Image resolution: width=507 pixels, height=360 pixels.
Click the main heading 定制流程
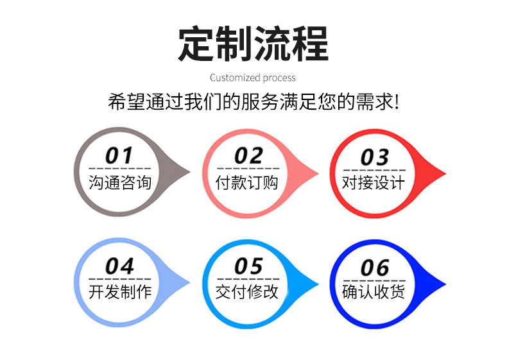point(253,43)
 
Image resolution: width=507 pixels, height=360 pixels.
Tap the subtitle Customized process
point(253,78)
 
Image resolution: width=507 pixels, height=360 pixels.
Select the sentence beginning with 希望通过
point(253,103)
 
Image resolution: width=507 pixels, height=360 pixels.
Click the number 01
point(119,155)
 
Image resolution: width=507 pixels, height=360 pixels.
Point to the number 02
point(248,155)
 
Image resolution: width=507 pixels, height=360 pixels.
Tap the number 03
point(375,157)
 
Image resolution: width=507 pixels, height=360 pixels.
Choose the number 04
point(119,266)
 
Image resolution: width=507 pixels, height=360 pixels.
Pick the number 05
point(248,266)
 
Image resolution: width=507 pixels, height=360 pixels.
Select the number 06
point(375,267)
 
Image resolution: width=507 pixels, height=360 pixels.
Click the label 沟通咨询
point(120,182)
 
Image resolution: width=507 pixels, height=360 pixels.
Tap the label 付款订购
point(248,182)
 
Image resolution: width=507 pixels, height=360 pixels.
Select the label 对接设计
point(374,183)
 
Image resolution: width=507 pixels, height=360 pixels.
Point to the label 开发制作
point(120,292)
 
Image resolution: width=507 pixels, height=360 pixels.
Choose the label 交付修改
point(248,292)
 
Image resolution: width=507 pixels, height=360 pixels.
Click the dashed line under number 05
point(248,279)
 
